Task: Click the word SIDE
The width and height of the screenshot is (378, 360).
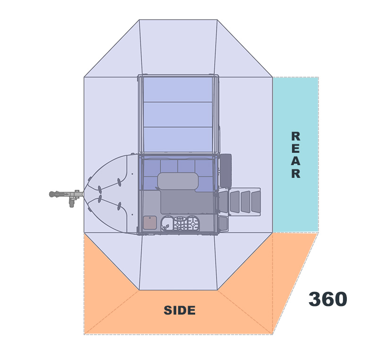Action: point(180,310)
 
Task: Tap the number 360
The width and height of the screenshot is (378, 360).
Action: point(328,299)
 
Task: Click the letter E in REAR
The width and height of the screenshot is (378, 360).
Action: point(296,149)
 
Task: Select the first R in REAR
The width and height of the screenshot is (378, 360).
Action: point(296,136)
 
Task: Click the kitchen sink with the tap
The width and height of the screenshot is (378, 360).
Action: point(167,224)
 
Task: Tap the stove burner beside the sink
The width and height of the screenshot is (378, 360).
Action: point(180,223)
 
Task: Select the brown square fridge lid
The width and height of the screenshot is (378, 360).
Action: point(150,222)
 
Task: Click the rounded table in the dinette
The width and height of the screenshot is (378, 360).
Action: point(178,181)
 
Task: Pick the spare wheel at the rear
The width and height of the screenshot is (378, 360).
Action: point(226,171)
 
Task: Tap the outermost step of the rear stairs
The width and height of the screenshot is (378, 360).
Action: point(256,201)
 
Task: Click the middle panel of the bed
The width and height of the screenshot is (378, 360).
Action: point(178,114)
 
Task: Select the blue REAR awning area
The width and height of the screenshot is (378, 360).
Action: point(296,155)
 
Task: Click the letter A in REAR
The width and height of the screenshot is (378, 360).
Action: point(296,161)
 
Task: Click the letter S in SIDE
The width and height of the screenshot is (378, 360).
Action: point(168,310)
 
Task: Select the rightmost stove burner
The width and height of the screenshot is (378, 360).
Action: point(193,223)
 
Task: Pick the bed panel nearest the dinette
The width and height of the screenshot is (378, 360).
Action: point(178,140)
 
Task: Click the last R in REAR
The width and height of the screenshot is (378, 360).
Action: point(296,174)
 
